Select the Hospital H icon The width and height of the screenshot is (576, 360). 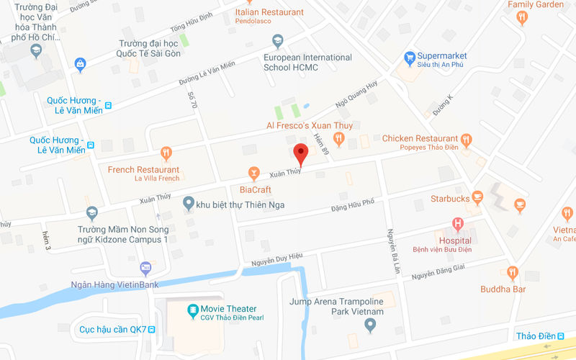click(456, 225)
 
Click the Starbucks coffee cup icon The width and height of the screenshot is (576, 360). click(478, 198)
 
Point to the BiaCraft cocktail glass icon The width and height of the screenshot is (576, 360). click(253, 173)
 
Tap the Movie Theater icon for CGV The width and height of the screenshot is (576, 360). click(193, 310)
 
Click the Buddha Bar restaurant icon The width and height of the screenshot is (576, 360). click(512, 272)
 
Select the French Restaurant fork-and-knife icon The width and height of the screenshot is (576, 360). click(166, 153)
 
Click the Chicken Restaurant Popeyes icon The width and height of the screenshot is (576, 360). click(467, 139)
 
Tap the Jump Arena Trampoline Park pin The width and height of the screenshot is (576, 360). click(370, 325)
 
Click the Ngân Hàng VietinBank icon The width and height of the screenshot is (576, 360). click(146, 269)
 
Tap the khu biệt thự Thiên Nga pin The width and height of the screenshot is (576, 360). click(188, 204)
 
